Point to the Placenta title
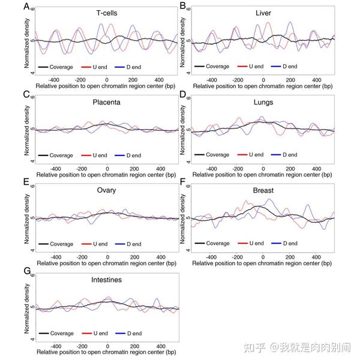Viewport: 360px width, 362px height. click(x=107, y=102)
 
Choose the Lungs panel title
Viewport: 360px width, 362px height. click(x=262, y=102)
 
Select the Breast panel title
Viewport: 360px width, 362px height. click(x=263, y=190)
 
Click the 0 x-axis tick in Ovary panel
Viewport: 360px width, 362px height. click(x=107, y=257)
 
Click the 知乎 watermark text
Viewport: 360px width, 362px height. click(x=254, y=346)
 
